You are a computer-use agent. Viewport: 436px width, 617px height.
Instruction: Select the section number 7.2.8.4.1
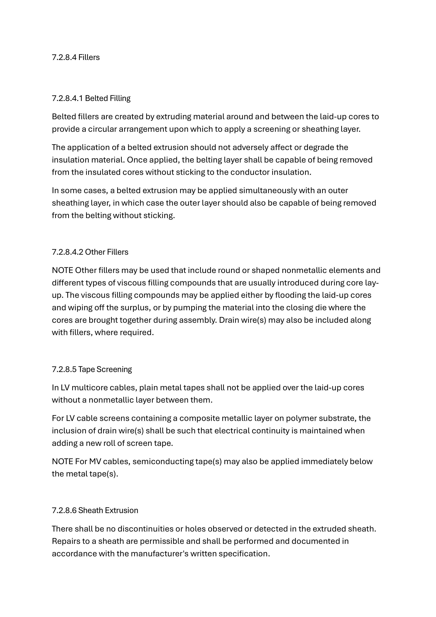click(x=67, y=98)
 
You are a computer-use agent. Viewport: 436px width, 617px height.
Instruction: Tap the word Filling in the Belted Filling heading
click(x=120, y=98)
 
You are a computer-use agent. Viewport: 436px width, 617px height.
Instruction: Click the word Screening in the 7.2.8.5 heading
click(x=114, y=370)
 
